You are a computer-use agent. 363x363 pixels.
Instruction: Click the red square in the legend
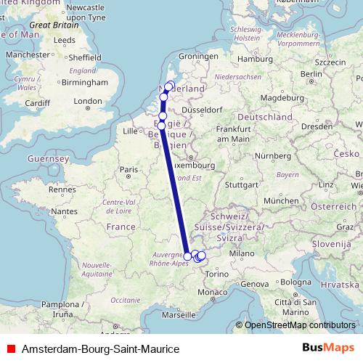(11, 349)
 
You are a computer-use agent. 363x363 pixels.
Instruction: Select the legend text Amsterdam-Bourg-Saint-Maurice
(101, 349)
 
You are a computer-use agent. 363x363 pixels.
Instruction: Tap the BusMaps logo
(328, 348)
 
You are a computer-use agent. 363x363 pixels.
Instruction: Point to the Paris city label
(129, 170)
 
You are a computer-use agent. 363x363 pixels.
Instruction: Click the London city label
(88, 101)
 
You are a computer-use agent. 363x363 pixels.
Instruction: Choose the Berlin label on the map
(311, 74)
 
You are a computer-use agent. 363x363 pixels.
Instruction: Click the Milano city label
(240, 253)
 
